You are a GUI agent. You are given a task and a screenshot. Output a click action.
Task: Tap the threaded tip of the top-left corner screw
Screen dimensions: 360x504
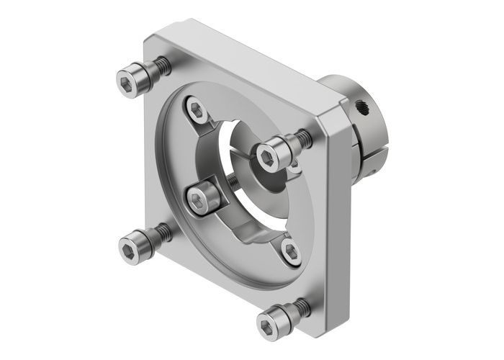pyautogui.click(x=163, y=66)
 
